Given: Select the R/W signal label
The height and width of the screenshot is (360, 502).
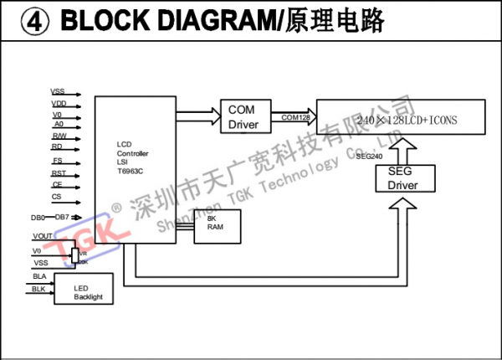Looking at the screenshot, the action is (59, 136).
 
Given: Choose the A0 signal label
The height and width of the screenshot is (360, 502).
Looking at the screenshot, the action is (58, 124).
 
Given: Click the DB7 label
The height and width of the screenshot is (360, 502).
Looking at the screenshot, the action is (63, 218).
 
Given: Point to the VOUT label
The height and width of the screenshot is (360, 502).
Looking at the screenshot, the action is (44, 237).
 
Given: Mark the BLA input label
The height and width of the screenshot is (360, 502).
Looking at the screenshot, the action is (39, 275).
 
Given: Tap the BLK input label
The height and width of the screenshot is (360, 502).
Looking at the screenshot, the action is (39, 289).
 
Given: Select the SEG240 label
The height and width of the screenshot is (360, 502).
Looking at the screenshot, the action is (369, 157).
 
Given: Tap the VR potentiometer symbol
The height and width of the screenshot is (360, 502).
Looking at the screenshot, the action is (75, 255).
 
